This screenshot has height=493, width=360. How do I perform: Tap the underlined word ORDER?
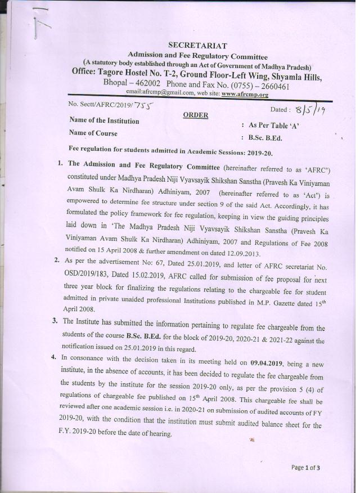click(x=195, y=115)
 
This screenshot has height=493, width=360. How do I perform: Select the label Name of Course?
click(x=93, y=133)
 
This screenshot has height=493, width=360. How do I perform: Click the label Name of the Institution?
click(x=103, y=120)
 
